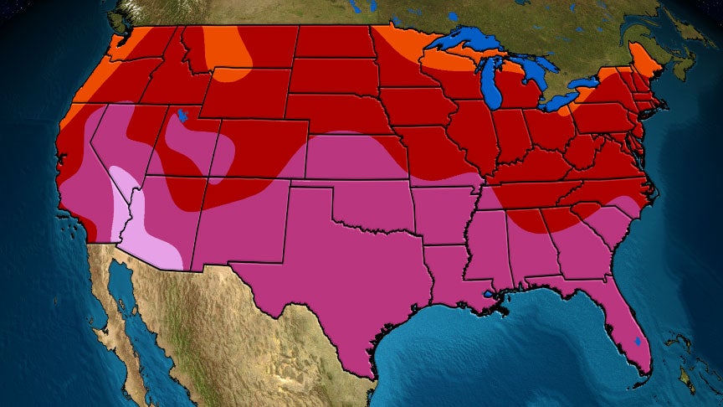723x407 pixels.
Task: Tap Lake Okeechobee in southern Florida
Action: [640, 342]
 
